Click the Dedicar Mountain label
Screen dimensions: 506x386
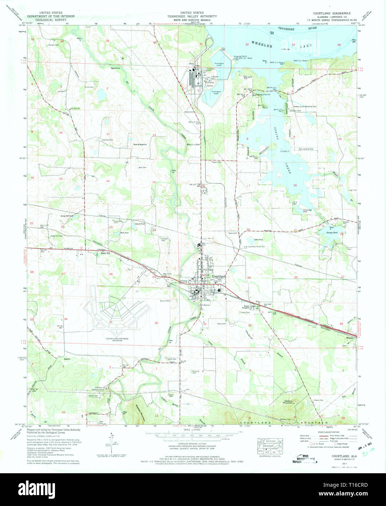point(288,402)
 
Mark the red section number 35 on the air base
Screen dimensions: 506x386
point(110,322)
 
